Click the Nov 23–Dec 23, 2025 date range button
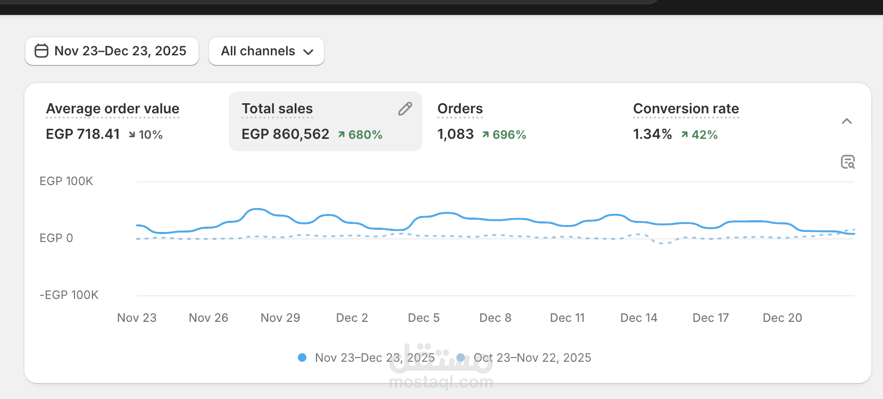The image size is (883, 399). coord(112,51)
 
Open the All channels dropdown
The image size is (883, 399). coord(266,51)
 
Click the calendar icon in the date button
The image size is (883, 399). coord(41,51)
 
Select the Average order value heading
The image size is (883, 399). coord(113,109)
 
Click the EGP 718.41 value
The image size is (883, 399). coord(83,134)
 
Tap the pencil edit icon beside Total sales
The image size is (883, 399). coord(405,109)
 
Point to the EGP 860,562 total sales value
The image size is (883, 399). coord(286,134)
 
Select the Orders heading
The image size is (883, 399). coord(460,109)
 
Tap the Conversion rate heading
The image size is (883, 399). coord(686,109)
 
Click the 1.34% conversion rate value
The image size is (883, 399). coord(653,134)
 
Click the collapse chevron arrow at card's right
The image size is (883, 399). coord(847,121)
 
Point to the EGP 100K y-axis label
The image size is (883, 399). coord(66,181)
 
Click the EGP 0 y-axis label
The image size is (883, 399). coord(56,238)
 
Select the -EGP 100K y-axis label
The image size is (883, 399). coord(69,295)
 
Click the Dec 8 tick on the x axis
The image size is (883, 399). coord(495,318)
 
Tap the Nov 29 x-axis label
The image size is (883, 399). coord(280,318)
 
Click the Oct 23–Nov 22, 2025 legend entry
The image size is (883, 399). coord(532,358)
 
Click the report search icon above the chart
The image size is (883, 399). coord(848,162)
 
